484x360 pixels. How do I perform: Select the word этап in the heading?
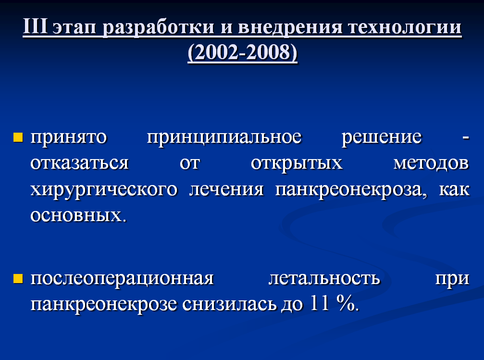[x=74, y=28]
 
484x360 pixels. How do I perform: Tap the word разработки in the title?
[x=158, y=28]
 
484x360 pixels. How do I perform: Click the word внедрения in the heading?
[x=290, y=28]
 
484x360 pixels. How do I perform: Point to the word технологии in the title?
[x=405, y=27]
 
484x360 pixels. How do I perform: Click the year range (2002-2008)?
[x=242, y=52]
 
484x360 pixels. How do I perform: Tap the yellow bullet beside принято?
[x=18, y=137]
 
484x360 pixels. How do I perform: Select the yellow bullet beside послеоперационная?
[x=18, y=278]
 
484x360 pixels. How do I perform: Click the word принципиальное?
[x=224, y=138]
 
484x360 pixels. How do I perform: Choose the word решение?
[x=382, y=138]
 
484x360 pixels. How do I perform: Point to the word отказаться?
[x=79, y=163]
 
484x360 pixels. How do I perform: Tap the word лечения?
[x=226, y=189]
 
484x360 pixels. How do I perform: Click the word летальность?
[x=324, y=278]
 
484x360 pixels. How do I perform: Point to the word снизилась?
[x=229, y=304]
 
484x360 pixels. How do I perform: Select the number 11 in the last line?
[x=320, y=303]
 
